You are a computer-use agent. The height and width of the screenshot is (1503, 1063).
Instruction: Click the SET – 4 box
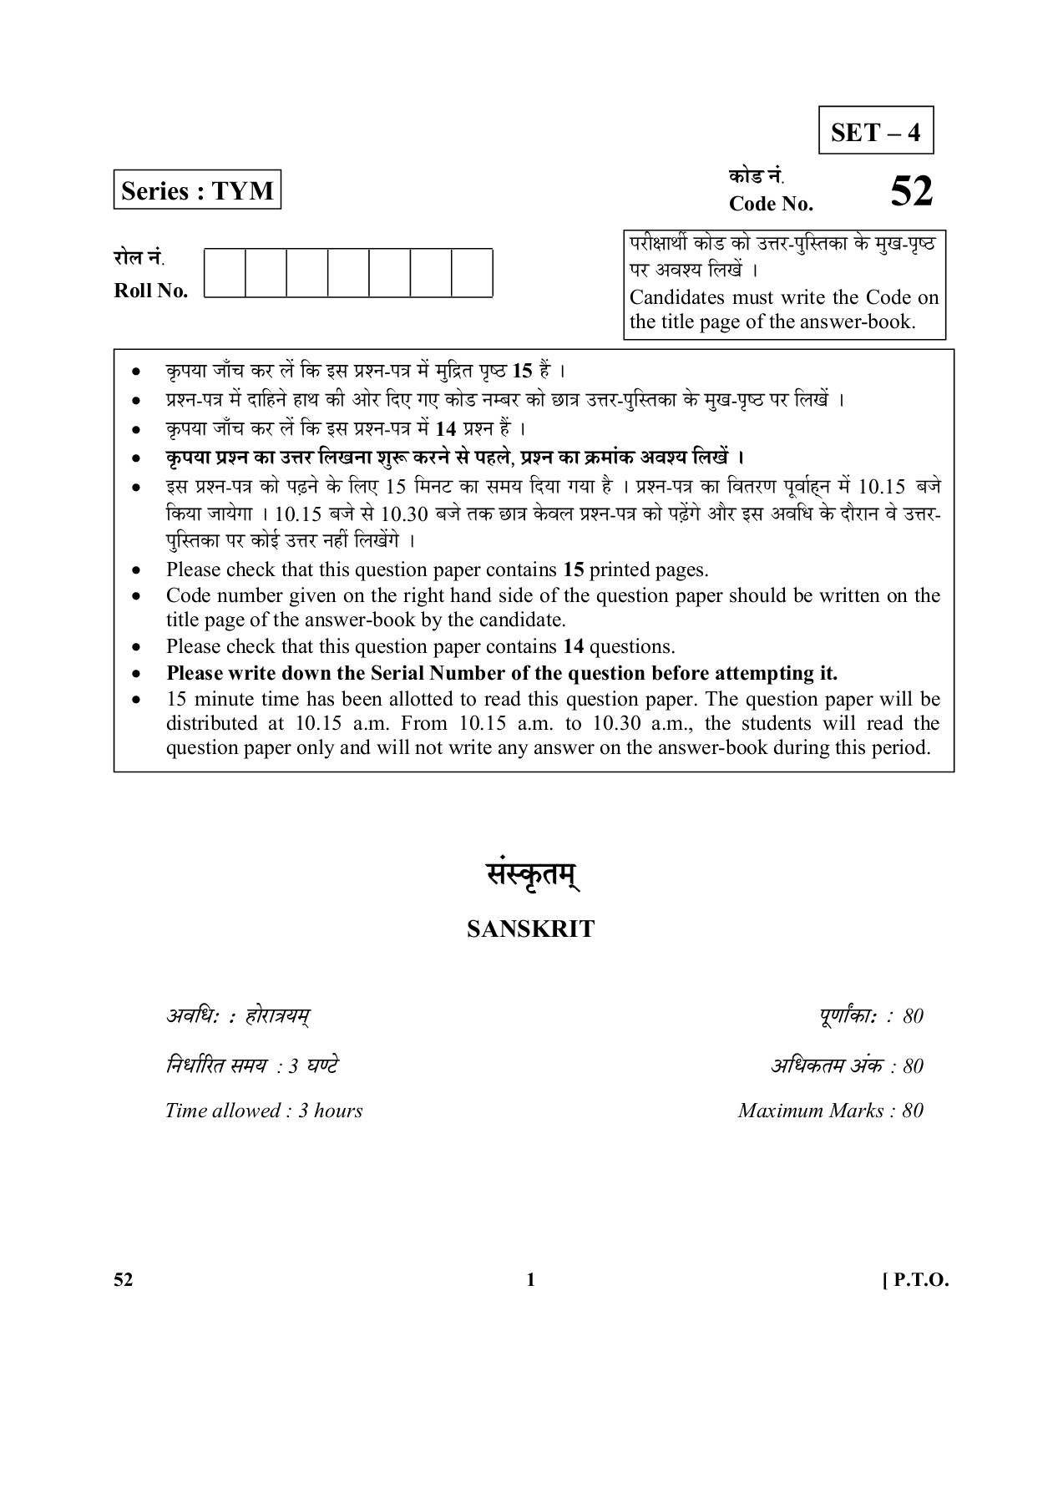(875, 131)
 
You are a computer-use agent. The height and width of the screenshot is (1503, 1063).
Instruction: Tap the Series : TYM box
(197, 190)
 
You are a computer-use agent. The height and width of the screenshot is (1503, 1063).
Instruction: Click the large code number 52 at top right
(911, 192)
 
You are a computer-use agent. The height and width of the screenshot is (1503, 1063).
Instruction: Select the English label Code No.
(770, 204)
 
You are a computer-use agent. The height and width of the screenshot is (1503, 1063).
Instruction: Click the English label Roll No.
(150, 291)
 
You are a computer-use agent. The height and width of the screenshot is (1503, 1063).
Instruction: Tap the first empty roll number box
(225, 272)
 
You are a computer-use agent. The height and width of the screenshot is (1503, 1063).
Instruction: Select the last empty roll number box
(472, 272)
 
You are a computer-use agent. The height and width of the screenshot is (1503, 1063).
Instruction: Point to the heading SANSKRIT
(530, 929)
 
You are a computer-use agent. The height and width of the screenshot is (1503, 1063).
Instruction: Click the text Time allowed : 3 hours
(264, 1111)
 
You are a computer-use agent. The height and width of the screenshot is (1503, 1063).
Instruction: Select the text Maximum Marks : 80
(830, 1111)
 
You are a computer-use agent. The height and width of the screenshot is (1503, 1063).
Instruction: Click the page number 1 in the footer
(531, 1281)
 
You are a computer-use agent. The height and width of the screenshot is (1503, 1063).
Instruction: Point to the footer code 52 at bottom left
(124, 1281)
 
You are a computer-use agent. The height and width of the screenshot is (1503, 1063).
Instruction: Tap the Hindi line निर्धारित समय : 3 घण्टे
(251, 1065)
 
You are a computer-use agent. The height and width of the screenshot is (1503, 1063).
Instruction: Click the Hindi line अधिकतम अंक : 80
(846, 1065)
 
